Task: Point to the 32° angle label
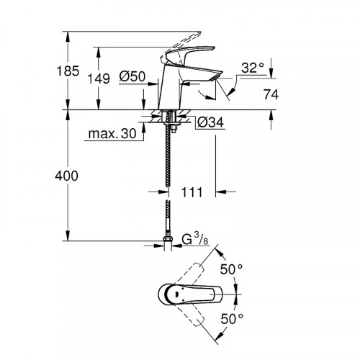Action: point(253,68)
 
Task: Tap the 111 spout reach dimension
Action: point(190,192)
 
